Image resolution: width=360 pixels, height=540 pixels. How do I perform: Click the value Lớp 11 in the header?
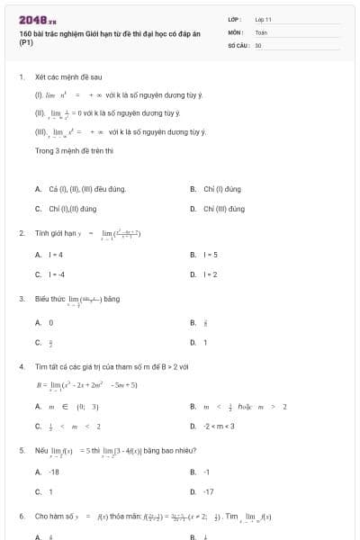pyautogui.click(x=263, y=19)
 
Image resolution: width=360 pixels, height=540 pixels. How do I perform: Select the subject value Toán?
pyautogui.click(x=261, y=31)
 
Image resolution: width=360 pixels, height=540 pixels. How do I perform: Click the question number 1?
pyautogui.click(x=21, y=77)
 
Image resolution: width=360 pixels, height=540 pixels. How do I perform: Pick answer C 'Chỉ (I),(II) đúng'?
pyautogui.click(x=71, y=208)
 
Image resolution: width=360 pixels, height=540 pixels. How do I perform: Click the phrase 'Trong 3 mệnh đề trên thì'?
pyautogui.click(x=74, y=150)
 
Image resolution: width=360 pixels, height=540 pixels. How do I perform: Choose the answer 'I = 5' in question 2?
pyautogui.click(x=210, y=255)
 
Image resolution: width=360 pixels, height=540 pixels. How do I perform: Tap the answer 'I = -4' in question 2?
pyautogui.click(x=57, y=274)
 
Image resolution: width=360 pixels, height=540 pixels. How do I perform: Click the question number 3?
pyautogui.click(x=21, y=299)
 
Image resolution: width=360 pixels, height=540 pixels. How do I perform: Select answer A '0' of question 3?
pyautogui.click(x=50, y=322)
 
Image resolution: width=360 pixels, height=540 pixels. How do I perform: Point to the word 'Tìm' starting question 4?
pyautogui.click(x=40, y=367)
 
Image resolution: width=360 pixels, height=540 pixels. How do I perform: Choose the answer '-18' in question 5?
pyautogui.click(x=53, y=472)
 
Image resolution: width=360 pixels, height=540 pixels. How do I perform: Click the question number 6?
pyautogui.click(x=21, y=517)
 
